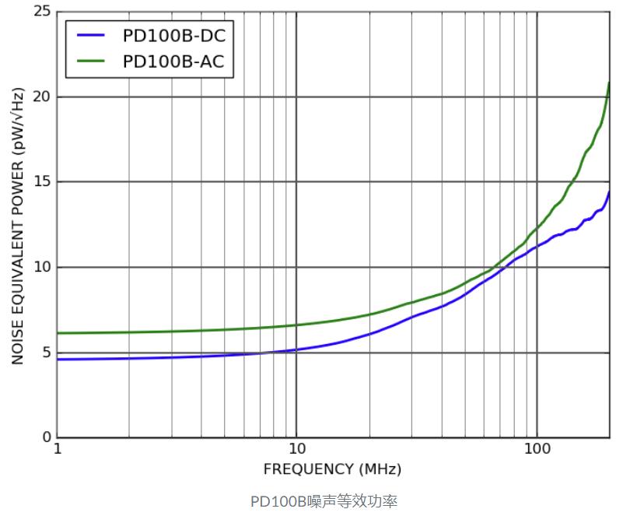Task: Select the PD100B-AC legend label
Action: pos(173,61)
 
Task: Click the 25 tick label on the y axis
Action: pos(41,12)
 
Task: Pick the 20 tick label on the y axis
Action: pos(41,97)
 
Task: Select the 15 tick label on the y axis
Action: pos(41,182)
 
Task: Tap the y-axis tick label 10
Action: pos(41,267)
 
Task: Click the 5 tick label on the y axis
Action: pos(46,353)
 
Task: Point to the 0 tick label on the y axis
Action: pos(46,437)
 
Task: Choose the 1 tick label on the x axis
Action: pos(58,451)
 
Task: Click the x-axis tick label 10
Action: pos(296,451)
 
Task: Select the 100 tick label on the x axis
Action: pos(536,451)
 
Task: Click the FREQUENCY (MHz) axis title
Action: pos(332,469)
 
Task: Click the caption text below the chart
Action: pos(324,500)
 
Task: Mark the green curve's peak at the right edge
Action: pos(608,83)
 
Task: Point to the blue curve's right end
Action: pos(608,192)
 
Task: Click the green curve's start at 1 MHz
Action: pos(58,333)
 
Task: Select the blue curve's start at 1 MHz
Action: pos(58,359)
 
